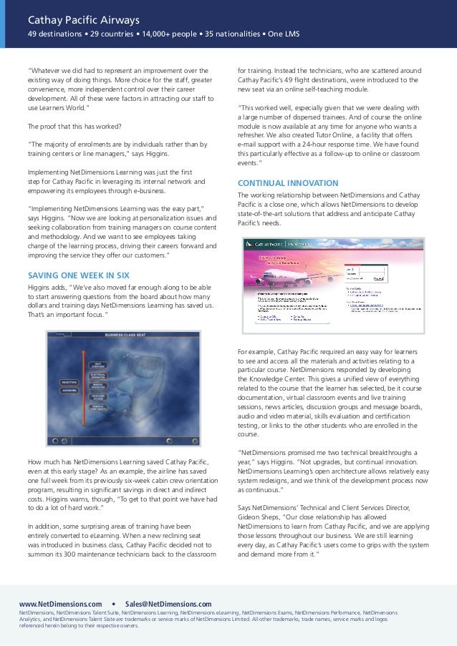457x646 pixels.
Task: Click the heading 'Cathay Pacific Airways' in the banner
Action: click(x=83, y=19)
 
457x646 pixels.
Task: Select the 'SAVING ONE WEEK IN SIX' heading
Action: click(x=79, y=275)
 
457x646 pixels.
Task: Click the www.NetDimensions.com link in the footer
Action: click(x=60, y=604)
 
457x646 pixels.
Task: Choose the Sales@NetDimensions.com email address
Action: click(x=168, y=604)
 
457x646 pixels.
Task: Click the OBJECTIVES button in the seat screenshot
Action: click(x=69, y=383)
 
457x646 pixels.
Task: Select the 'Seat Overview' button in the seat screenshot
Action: click(x=98, y=364)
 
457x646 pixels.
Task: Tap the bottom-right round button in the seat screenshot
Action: click(x=191, y=441)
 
